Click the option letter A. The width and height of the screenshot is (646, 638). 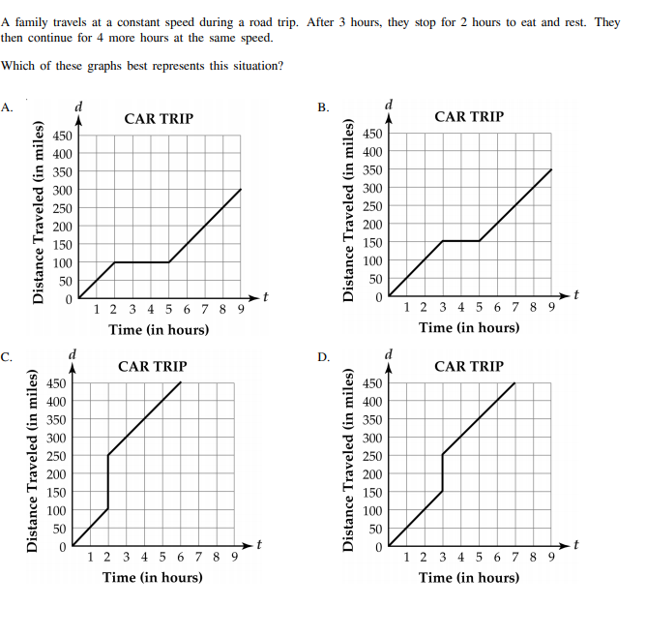pos(7,107)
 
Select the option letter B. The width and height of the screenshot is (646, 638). pos(323,106)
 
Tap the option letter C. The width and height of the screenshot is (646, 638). pos(7,358)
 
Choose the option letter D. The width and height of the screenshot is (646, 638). pos(324,358)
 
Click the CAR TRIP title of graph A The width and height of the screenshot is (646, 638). pos(159,118)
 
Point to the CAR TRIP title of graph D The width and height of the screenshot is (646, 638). pos(469,366)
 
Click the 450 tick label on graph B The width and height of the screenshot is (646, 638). pos(371,134)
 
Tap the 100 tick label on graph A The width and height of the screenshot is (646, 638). pos(61,262)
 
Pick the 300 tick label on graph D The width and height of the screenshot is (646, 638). pos(371,438)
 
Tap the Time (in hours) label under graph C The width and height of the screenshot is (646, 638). pos(153,577)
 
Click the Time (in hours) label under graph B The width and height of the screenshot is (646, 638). pos(469,327)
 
